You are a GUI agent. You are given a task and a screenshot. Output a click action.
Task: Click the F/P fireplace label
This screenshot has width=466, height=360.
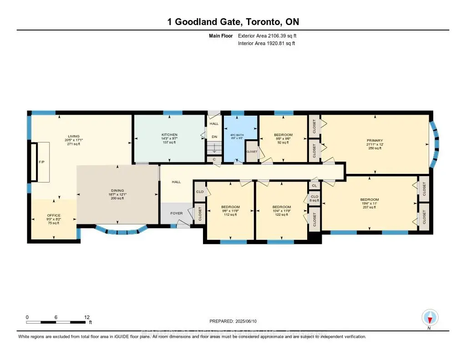coord(41,162)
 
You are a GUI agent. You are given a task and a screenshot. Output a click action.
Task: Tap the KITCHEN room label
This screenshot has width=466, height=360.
coord(169,135)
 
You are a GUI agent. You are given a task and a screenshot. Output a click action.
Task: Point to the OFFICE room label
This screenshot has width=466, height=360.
coord(54,215)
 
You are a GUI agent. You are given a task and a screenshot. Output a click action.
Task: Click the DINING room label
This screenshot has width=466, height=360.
coord(117,191)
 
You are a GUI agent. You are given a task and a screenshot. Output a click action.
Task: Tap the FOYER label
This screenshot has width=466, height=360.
coord(177,213)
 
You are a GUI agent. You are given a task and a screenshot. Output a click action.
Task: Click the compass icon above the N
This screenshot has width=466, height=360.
coord(430,317)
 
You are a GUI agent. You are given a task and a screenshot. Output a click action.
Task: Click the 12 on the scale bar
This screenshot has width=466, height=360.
coord(87,317)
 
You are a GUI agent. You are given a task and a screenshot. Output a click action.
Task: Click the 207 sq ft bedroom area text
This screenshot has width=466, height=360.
coord(369,207)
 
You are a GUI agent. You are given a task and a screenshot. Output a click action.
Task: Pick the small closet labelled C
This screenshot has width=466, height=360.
coord(214,159)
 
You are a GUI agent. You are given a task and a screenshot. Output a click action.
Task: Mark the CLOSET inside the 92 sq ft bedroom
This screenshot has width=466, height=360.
coord(252,152)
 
